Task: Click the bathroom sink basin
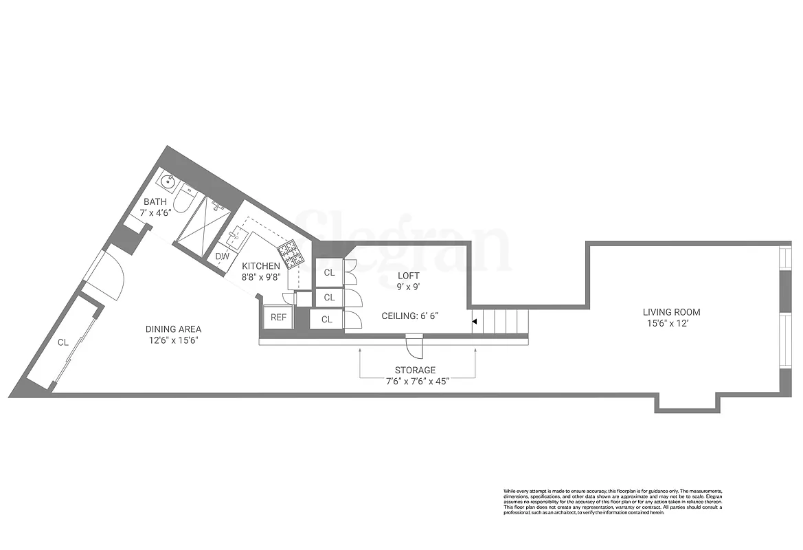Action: (x=167, y=181)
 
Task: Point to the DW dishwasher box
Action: (x=222, y=256)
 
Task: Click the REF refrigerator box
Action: (x=278, y=317)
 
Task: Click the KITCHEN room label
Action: (x=260, y=266)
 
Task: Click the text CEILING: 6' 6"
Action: (x=409, y=316)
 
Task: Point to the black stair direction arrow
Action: (x=474, y=321)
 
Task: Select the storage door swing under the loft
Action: (x=416, y=348)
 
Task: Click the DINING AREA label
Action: (x=173, y=329)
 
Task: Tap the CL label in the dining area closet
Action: (x=63, y=342)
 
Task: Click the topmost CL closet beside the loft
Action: (x=329, y=273)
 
